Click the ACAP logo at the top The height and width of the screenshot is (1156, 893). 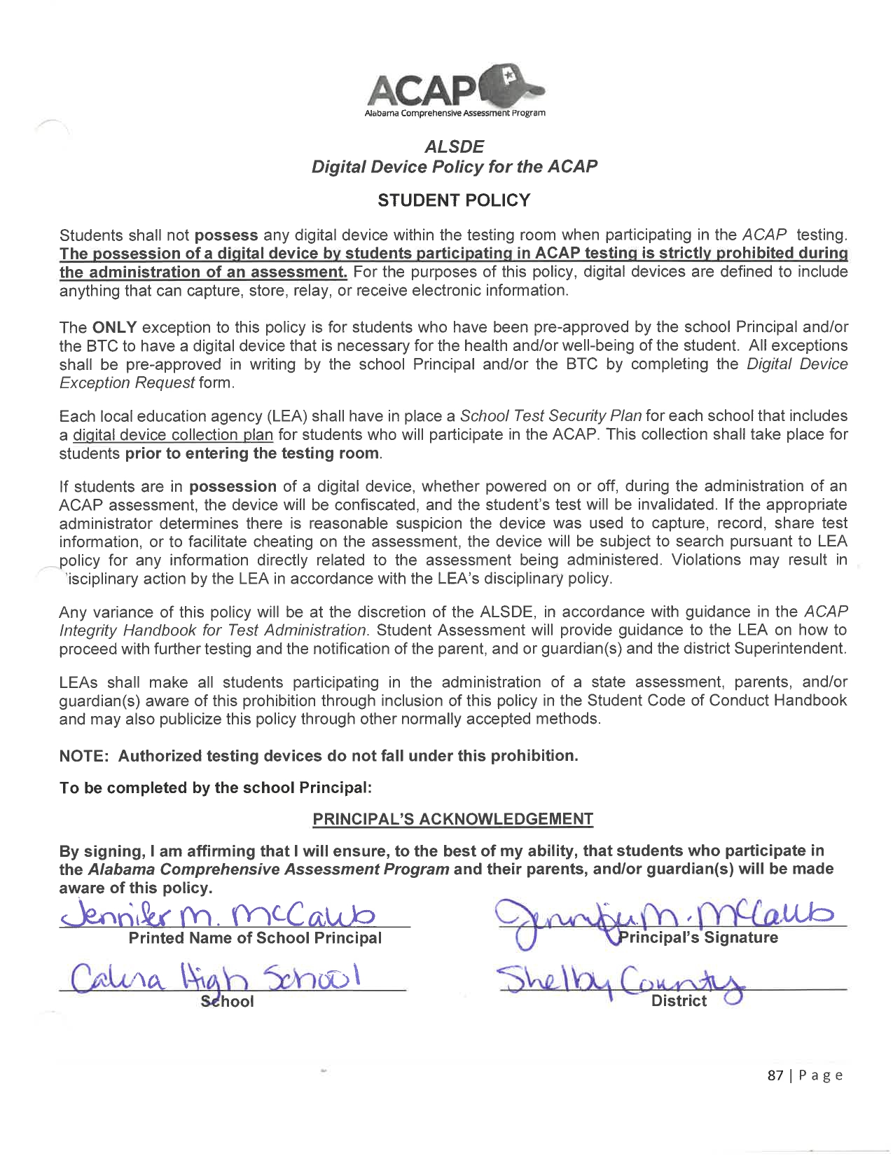[x=454, y=92]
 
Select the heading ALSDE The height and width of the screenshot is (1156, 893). [x=454, y=147]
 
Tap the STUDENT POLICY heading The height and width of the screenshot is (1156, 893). [x=454, y=200]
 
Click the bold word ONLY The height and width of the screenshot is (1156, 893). [x=114, y=327]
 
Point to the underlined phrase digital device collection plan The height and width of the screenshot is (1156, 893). [x=173, y=435]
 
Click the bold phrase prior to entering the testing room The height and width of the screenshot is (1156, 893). [x=253, y=453]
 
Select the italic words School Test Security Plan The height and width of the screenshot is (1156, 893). [x=551, y=416]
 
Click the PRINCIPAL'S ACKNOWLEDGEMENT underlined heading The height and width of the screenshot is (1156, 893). [x=453, y=819]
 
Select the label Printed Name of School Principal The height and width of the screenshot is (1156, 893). [x=255, y=938]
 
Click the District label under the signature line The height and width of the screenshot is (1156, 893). [x=679, y=1001]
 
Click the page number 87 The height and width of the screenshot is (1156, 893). [x=775, y=1075]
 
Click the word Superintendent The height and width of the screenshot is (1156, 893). [x=789, y=649]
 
